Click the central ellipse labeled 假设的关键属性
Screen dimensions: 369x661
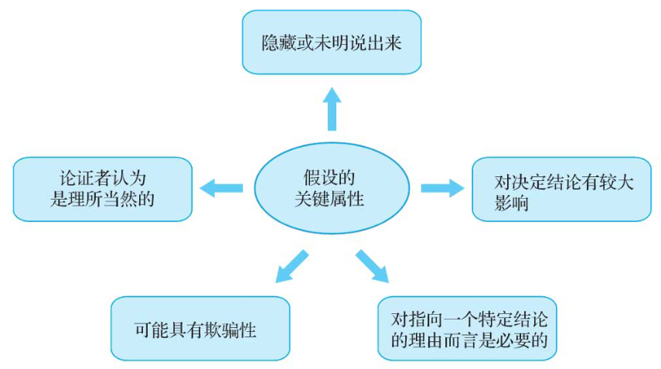(331, 186)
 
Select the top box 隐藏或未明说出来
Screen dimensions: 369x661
(331, 42)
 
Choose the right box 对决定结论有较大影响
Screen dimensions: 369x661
(560, 189)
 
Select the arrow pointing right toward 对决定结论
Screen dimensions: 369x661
(441, 187)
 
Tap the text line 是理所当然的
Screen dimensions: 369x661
(102, 200)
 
